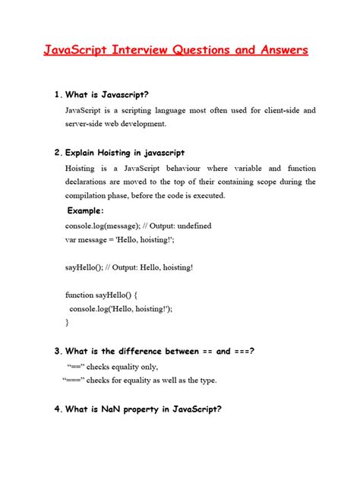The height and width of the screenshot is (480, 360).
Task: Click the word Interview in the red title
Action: coord(143,51)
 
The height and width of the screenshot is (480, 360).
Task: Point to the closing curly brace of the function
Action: coord(67,322)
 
